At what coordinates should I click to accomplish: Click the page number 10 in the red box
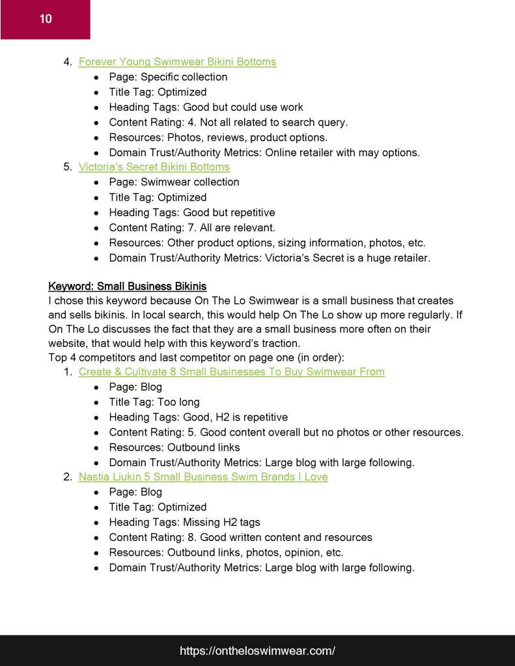point(46,19)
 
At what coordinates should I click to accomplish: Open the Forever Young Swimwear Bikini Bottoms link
point(177,62)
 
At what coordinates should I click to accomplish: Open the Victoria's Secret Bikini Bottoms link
point(154,167)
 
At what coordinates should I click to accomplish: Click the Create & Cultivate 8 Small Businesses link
point(231,372)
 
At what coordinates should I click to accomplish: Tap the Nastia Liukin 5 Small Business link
point(203,477)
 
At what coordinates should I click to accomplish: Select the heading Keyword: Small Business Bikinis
point(127,286)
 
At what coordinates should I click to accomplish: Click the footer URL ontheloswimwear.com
point(257,650)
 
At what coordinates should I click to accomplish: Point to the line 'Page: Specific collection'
point(168,77)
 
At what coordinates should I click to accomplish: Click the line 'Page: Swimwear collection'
point(174,182)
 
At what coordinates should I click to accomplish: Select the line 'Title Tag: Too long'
point(154,402)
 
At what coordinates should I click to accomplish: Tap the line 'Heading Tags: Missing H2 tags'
point(184,522)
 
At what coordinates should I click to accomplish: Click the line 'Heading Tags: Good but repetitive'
point(191,212)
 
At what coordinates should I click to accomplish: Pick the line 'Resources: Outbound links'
point(174,447)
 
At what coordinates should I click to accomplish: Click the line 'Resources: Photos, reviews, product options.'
point(218,137)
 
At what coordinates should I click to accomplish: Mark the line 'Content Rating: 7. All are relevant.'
point(192,228)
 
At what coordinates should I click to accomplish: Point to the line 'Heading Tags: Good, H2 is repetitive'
point(198,417)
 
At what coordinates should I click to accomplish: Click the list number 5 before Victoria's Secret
point(67,167)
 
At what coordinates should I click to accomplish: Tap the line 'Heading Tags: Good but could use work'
point(206,107)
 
